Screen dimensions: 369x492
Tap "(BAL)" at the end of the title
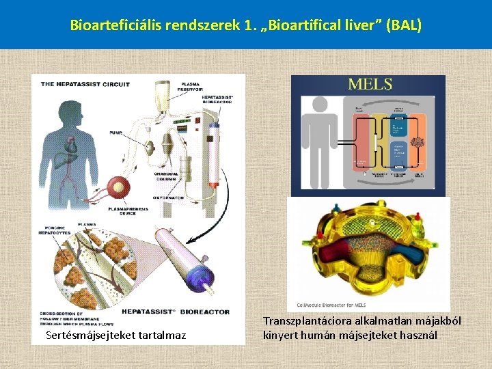[x=404, y=26]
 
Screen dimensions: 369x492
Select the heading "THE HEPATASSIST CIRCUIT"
[x=85, y=84]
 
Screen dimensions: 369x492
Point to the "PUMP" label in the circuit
[x=115, y=133]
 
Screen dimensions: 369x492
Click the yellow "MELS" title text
[x=370, y=85]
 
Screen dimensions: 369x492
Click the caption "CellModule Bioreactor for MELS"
[x=331, y=305]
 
